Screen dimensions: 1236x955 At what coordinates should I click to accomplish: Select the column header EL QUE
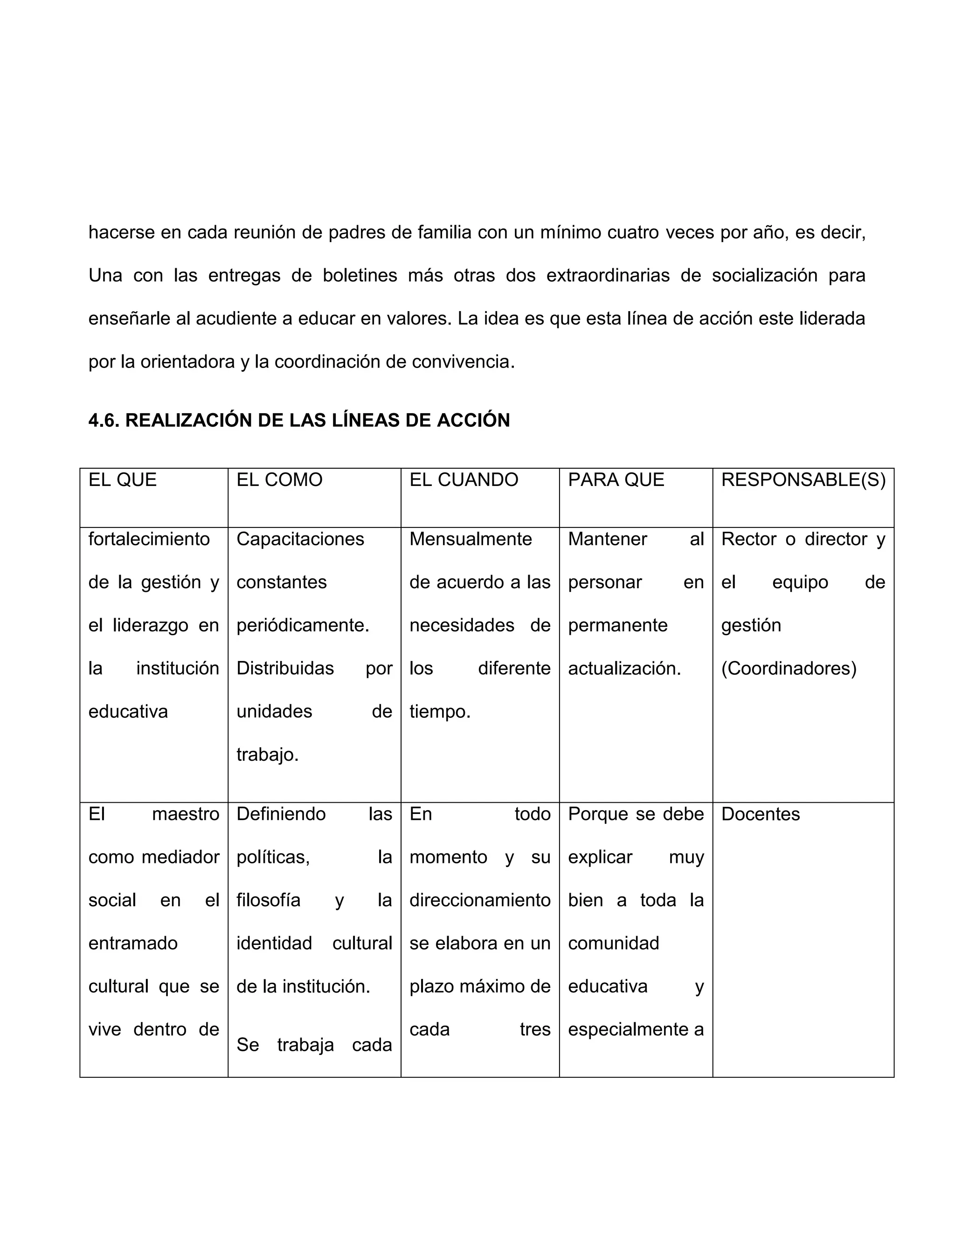(122, 480)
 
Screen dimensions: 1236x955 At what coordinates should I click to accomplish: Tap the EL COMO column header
(279, 480)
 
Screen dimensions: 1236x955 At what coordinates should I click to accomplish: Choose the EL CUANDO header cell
(464, 480)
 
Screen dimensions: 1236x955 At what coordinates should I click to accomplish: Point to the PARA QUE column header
(616, 480)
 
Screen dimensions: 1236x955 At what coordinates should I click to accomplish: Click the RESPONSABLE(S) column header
(803, 480)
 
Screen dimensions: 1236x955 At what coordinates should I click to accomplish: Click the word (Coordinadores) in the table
(788, 668)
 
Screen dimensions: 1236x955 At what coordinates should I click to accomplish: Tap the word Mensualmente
(470, 539)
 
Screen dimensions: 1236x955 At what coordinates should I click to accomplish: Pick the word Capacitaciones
(300, 539)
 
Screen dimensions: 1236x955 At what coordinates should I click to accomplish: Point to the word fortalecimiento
(149, 539)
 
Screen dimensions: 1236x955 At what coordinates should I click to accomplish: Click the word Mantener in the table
(607, 539)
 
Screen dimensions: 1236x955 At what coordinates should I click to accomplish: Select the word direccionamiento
(480, 900)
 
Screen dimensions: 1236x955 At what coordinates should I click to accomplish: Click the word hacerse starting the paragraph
(121, 233)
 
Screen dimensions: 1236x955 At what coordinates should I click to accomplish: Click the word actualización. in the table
(624, 668)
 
